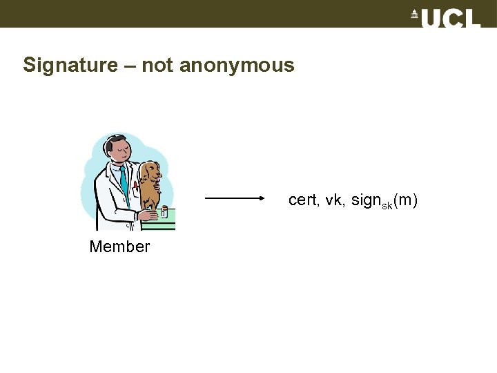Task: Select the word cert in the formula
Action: pos(302,200)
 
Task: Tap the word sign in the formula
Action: pos(365,200)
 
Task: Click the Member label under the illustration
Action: pos(119,247)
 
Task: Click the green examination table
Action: pos(168,222)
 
